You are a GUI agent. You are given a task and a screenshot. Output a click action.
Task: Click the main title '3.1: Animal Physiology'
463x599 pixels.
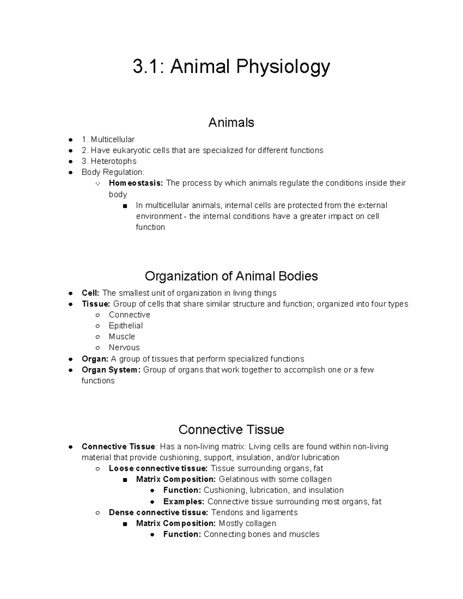pyautogui.click(x=231, y=67)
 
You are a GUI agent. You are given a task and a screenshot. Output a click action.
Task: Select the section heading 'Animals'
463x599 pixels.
pyautogui.click(x=231, y=123)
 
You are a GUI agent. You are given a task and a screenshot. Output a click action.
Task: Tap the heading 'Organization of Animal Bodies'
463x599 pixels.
pyautogui.click(x=231, y=276)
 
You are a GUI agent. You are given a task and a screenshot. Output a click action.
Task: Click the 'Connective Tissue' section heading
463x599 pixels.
pyautogui.click(x=231, y=430)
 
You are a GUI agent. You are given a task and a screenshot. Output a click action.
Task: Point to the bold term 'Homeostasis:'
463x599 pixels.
pyautogui.click(x=136, y=183)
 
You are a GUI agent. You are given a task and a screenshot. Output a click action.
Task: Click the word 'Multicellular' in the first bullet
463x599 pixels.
pyautogui.click(x=113, y=139)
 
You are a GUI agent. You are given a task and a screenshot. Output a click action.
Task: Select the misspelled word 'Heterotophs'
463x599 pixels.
pyautogui.click(x=113, y=161)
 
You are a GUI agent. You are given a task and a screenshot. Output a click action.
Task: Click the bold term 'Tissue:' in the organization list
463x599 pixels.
pyautogui.click(x=96, y=304)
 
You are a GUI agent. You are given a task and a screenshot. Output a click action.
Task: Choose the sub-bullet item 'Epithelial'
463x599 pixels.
pyautogui.click(x=125, y=326)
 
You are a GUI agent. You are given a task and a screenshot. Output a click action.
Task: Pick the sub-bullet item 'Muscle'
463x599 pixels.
pyautogui.click(x=122, y=337)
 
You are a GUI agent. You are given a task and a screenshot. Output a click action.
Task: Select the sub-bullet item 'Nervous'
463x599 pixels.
pyautogui.click(x=124, y=348)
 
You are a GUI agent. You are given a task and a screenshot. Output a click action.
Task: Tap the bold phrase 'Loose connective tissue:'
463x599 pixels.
pyautogui.click(x=158, y=469)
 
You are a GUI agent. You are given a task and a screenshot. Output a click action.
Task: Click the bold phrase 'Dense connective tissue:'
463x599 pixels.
pyautogui.click(x=158, y=513)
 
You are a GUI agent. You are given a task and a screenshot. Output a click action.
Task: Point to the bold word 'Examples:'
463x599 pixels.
pyautogui.click(x=184, y=502)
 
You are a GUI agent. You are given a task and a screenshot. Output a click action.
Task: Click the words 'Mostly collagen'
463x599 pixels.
pyautogui.click(x=247, y=523)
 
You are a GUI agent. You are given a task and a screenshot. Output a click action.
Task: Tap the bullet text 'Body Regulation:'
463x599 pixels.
pyautogui.click(x=113, y=172)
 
